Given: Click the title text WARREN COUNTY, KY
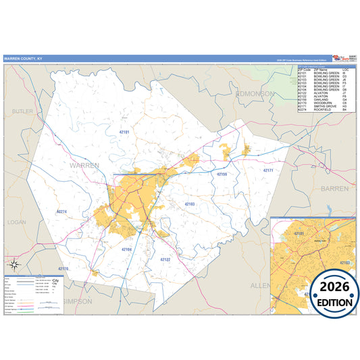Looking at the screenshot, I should tap(22, 59).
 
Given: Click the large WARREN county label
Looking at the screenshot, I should tap(84, 164).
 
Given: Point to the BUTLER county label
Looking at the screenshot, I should tap(22, 111).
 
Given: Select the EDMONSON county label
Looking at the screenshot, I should tap(255, 94).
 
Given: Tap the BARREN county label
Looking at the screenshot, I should tap(334, 188).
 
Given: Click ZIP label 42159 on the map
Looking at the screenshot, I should tap(222, 174).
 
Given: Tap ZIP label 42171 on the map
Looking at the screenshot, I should tap(267, 170).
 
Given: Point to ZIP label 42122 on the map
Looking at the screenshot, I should tap(165, 259).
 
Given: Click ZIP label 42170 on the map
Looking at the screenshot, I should tap(63, 269).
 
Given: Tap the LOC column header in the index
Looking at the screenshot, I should tap(346, 70).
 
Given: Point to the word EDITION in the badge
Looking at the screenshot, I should tap(326, 302).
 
